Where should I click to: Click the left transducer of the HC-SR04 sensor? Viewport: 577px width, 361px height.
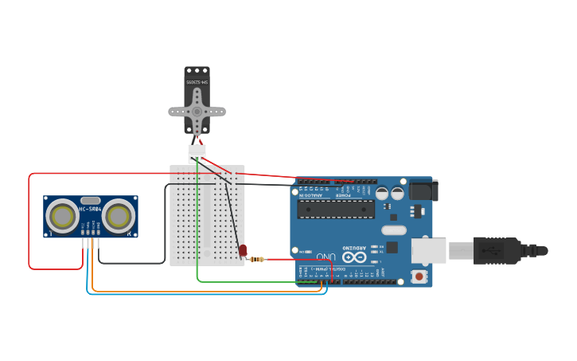point(62,215)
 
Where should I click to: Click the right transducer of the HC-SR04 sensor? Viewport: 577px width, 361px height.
point(118,215)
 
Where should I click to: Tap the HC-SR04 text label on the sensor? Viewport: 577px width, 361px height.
point(90,210)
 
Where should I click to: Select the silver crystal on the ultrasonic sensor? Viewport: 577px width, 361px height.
point(90,200)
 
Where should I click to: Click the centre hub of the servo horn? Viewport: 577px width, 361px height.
point(197,112)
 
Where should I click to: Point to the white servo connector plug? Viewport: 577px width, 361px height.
point(197,151)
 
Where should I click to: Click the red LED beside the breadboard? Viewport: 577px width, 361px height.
point(243,250)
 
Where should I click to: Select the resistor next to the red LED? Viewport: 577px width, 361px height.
point(257,259)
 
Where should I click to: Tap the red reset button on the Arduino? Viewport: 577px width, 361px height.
point(419,277)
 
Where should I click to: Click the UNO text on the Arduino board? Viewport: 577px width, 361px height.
point(326,257)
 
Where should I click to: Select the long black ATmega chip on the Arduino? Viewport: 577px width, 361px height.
point(335,209)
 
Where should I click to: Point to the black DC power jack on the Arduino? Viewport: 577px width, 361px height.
point(423,190)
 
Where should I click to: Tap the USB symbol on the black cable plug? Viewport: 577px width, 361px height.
point(493,250)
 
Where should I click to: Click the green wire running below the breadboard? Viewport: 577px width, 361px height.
point(255,281)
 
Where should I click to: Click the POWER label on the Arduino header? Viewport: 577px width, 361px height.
point(342,194)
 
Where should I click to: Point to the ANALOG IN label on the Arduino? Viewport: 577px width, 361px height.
point(311,194)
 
